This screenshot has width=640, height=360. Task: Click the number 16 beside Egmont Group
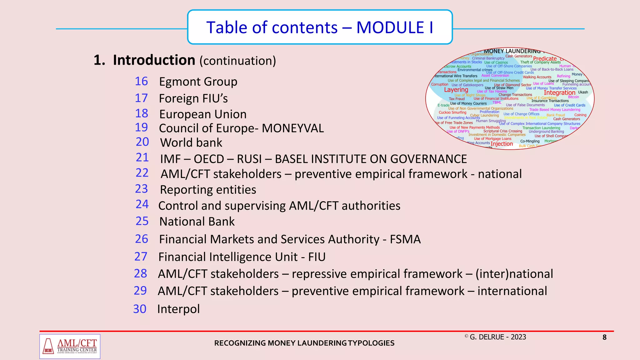click(141, 81)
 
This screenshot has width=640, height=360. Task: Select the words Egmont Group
click(198, 82)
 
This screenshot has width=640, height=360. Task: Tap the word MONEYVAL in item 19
click(292, 128)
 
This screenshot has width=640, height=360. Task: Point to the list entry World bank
click(191, 143)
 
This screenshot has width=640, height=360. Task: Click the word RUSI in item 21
click(249, 159)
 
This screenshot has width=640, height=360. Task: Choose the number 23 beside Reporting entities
click(141, 189)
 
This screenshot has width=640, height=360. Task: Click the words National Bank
click(197, 222)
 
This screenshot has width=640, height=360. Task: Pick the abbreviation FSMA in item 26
click(405, 239)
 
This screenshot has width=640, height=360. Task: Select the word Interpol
click(178, 309)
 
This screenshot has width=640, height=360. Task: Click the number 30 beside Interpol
click(140, 309)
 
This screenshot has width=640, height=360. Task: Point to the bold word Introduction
click(154, 60)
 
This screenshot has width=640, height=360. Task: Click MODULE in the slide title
click(390, 27)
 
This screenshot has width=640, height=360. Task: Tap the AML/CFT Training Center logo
click(70, 346)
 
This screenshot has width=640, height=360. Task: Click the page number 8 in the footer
click(604, 337)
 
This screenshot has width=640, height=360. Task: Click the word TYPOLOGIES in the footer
click(371, 343)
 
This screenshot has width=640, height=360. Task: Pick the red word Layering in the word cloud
click(456, 90)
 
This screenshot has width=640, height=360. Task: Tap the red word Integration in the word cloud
click(559, 93)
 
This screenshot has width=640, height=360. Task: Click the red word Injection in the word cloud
click(502, 144)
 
